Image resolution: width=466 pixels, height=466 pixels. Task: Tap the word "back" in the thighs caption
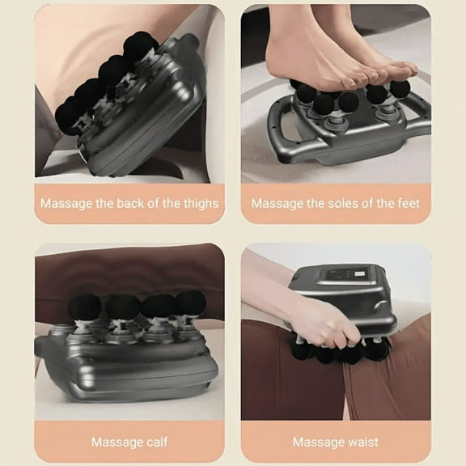pyautogui.click(x=122, y=203)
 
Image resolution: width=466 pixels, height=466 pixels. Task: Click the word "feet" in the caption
pyautogui.click(x=407, y=203)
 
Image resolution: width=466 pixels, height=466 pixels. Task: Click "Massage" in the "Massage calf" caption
pyautogui.click(x=116, y=442)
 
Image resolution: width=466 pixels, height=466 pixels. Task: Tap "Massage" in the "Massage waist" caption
pyautogui.click(x=318, y=442)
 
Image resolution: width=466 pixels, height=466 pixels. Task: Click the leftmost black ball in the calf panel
pyautogui.click(x=83, y=307)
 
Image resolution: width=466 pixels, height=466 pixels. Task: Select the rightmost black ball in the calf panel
pyautogui.click(x=191, y=303)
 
